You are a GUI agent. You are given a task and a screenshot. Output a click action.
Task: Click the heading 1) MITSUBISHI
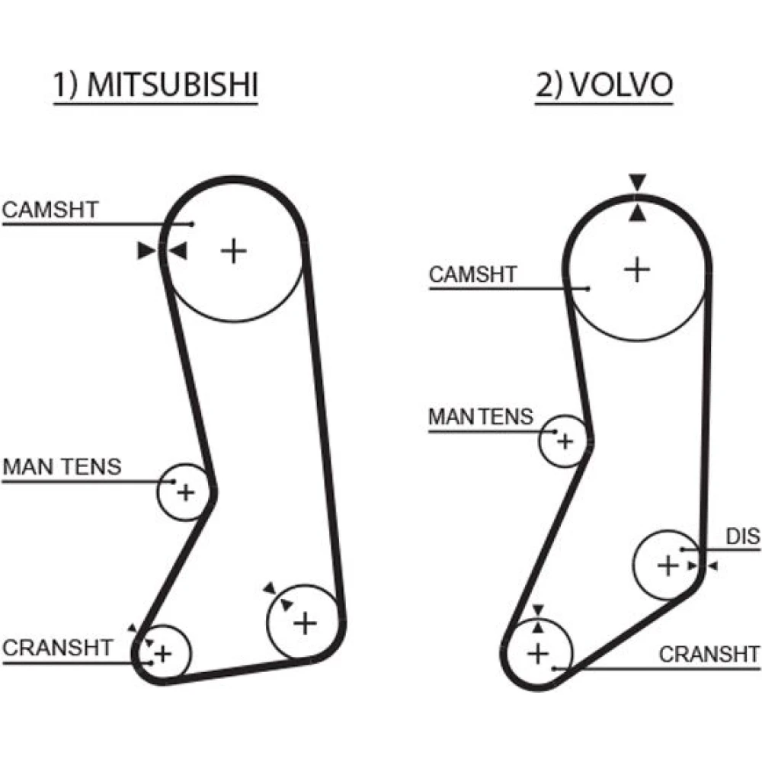click(155, 85)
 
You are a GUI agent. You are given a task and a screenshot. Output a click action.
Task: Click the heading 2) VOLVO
click(604, 85)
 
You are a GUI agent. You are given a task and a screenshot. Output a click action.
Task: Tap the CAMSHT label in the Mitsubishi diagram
click(50, 210)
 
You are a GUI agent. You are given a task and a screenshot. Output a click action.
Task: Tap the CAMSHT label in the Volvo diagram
click(473, 274)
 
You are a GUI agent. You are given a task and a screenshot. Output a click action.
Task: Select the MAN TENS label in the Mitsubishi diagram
click(62, 466)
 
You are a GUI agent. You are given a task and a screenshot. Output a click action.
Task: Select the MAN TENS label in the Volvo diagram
click(481, 417)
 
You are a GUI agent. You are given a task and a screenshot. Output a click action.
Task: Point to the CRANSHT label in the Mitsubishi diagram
click(58, 648)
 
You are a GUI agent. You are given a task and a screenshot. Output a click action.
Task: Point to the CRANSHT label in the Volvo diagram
click(709, 654)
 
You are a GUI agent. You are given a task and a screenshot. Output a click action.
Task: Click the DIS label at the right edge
click(742, 537)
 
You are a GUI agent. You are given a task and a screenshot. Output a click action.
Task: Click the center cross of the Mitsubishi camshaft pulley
click(234, 250)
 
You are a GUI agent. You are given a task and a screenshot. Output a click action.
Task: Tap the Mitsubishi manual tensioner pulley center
click(185, 492)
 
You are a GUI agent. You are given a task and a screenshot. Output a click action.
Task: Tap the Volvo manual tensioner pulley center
click(565, 440)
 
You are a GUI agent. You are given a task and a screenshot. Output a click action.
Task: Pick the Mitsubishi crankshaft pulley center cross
click(162, 653)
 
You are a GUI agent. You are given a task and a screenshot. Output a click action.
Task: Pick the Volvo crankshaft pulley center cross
click(539, 653)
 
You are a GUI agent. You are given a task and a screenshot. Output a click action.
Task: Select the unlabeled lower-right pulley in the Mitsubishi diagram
click(305, 623)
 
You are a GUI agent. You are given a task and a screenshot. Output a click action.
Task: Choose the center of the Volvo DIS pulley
click(668, 565)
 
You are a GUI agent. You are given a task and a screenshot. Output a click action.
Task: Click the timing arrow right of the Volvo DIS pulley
click(712, 566)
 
